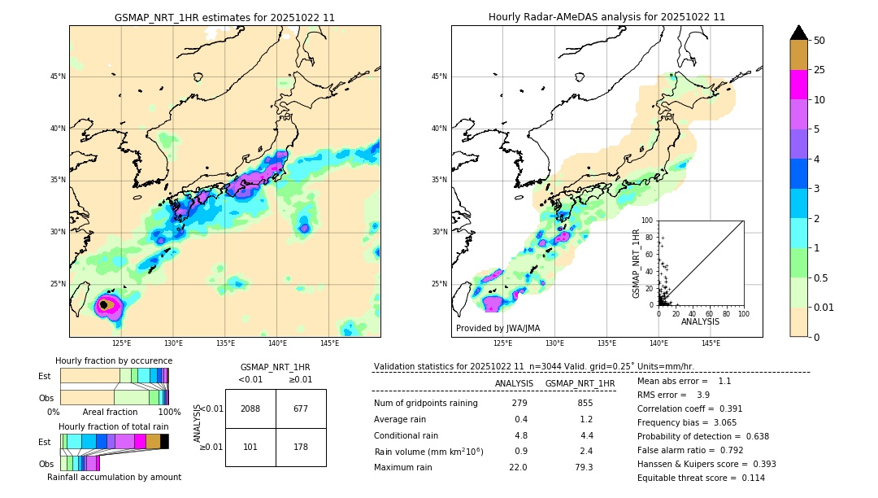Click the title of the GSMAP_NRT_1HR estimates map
(x=224, y=17)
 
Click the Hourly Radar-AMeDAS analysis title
(x=606, y=17)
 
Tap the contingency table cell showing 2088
(x=250, y=408)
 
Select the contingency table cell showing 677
(x=301, y=408)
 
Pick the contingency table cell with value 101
(x=250, y=447)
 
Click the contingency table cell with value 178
(x=301, y=447)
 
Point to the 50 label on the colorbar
(x=820, y=41)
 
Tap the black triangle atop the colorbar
(x=799, y=33)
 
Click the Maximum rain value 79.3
(x=584, y=467)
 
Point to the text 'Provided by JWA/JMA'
(x=498, y=328)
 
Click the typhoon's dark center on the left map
(x=103, y=305)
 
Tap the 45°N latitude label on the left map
(x=58, y=76)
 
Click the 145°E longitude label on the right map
(x=711, y=343)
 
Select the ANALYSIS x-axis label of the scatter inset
(x=700, y=321)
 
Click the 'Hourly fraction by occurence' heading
(x=114, y=360)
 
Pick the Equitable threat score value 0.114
(x=741, y=478)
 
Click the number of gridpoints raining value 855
(x=585, y=404)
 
